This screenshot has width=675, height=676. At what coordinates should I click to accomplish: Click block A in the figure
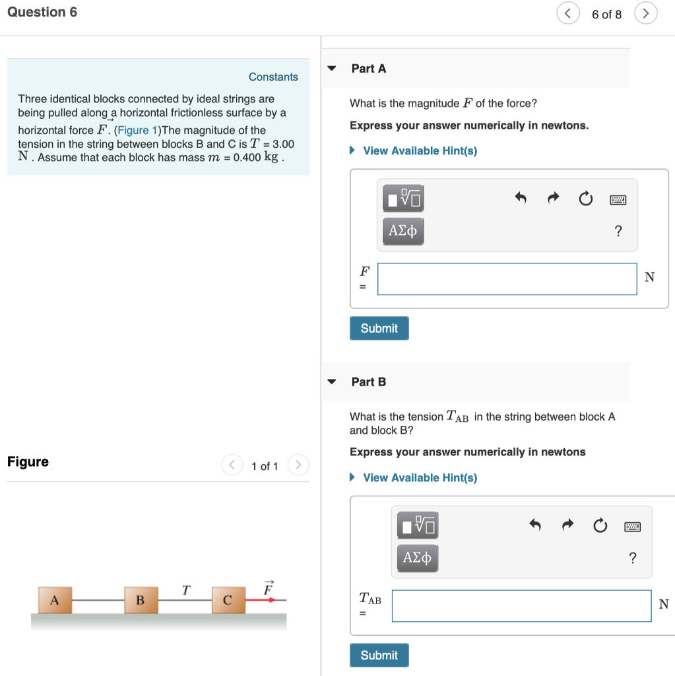point(55,600)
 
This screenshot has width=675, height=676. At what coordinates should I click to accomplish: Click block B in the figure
point(141,600)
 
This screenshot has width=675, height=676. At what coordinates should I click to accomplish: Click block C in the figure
point(228,600)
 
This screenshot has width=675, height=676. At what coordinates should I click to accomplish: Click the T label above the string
point(186,589)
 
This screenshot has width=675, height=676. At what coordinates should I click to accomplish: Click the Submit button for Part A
point(379,328)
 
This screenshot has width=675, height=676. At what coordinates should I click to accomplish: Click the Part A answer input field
point(507,279)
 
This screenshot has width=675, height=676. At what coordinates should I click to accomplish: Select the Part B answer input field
point(521,606)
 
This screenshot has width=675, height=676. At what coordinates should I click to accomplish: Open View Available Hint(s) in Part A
point(420,151)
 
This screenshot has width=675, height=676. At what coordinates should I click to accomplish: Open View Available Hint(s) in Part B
point(420,477)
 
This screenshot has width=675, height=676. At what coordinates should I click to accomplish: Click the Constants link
point(273,77)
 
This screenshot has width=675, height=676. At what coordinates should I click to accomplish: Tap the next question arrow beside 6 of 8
point(646,13)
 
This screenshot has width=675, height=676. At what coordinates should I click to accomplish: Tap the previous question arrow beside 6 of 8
point(567,13)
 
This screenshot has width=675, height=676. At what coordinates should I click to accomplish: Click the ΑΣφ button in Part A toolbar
point(402,231)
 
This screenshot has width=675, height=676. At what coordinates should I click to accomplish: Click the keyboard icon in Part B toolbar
point(632,526)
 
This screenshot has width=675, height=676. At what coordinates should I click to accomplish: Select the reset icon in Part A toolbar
point(585,199)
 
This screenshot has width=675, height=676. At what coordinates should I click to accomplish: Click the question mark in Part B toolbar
point(632,558)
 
